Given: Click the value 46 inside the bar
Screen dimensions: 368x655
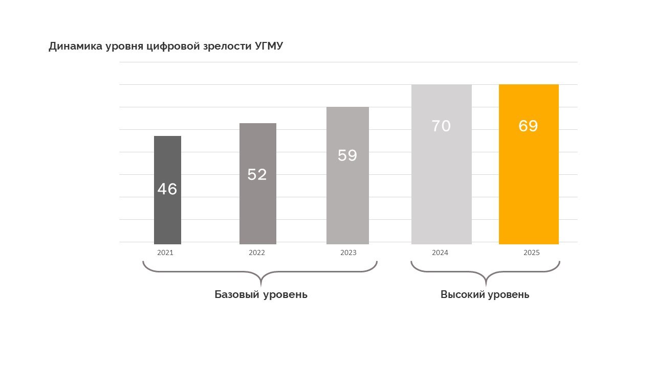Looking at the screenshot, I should click(x=167, y=189).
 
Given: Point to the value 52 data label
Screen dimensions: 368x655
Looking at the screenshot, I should click(x=257, y=174).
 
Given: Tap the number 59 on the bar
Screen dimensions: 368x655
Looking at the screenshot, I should click(x=347, y=155).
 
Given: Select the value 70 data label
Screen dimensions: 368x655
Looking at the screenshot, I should click(x=441, y=126).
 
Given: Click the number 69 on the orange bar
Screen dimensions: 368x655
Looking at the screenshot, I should click(x=529, y=126).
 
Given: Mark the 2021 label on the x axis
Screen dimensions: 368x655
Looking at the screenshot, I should click(x=165, y=252).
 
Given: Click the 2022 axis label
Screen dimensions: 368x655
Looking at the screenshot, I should click(x=257, y=252).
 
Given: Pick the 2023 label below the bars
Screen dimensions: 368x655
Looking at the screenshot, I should click(x=348, y=252).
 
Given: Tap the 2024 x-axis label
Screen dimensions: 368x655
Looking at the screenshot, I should click(x=440, y=252).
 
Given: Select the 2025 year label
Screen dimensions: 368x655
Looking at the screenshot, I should click(x=532, y=252).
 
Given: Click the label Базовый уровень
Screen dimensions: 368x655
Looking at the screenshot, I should click(x=261, y=295).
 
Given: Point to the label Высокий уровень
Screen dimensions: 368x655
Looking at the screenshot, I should click(x=485, y=295).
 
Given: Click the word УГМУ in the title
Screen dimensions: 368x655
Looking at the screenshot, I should click(x=269, y=47).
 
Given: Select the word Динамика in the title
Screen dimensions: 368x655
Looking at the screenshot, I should click(x=75, y=47).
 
